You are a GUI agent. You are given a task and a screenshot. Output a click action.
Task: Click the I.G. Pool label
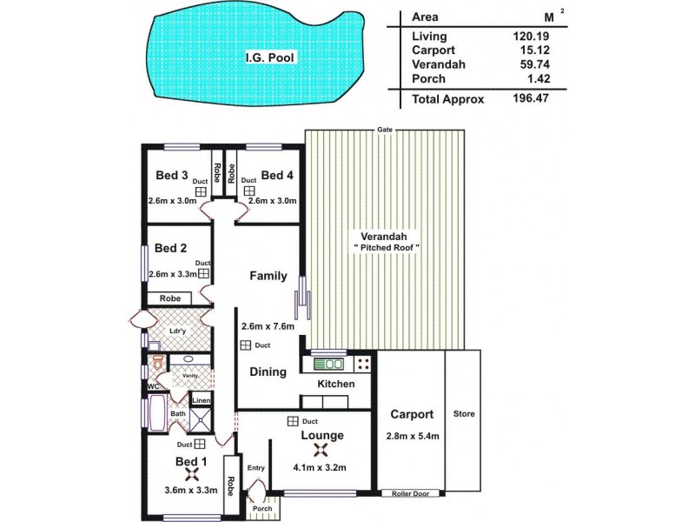click(270, 59)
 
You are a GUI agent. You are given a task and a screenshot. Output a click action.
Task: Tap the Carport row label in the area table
click(433, 50)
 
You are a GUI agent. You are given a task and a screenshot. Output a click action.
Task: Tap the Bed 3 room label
click(172, 175)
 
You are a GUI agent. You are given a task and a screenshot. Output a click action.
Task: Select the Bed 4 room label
click(277, 175)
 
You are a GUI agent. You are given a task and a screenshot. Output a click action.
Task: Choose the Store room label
click(464, 413)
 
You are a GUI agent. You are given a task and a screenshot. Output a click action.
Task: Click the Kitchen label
click(335, 384)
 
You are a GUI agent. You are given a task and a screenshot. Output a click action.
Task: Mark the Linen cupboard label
click(200, 400)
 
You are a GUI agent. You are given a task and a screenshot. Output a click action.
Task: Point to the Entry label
click(255, 468)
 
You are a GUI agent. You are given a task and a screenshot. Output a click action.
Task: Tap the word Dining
click(268, 371)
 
